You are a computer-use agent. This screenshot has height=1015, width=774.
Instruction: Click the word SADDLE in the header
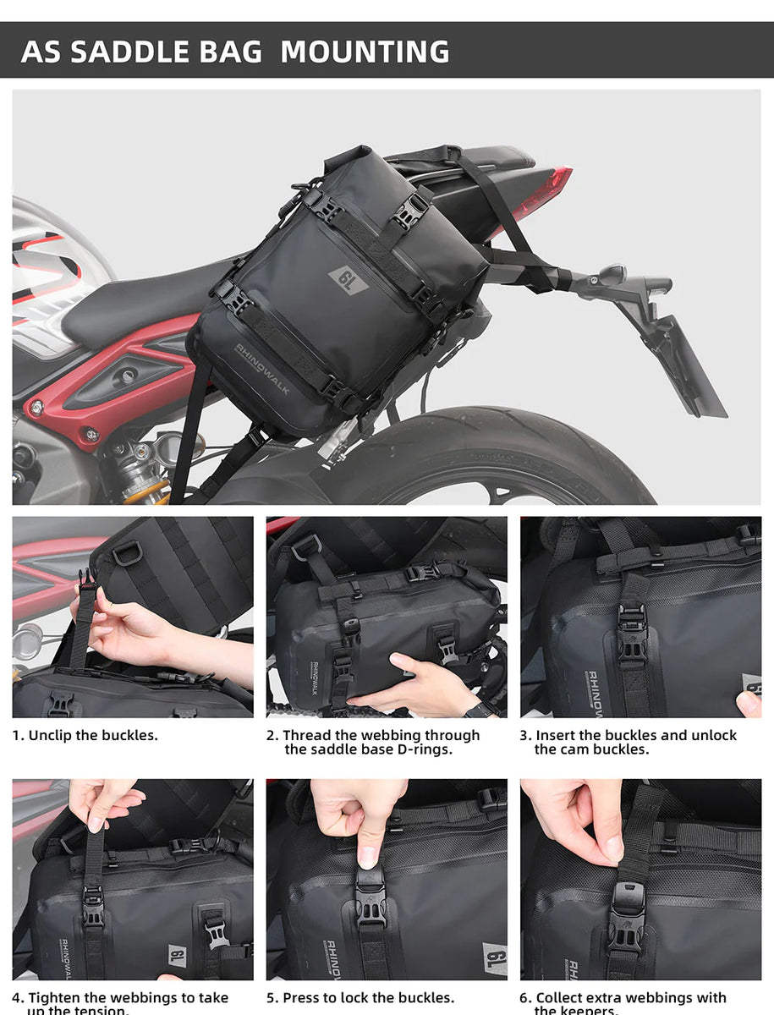tap(166, 52)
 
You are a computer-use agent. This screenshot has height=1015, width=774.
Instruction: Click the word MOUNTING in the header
tap(365, 52)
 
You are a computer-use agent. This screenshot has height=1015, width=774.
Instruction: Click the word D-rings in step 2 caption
tap(427, 749)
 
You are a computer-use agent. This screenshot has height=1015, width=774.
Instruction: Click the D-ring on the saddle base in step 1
tap(127, 553)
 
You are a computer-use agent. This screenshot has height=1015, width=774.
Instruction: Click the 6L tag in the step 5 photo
tap(494, 958)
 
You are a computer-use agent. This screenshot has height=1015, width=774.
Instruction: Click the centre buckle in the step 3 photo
tap(632, 634)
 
